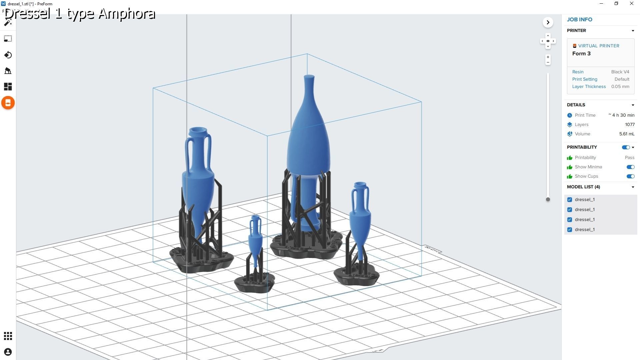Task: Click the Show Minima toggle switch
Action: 630,167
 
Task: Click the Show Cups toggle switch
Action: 630,176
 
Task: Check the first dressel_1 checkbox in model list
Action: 570,200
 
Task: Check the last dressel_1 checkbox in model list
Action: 570,230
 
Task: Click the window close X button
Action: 631,4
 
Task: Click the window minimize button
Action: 601,4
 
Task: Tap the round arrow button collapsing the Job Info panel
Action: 548,22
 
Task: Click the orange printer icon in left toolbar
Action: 8,103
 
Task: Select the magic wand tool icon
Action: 8,22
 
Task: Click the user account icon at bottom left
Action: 8,352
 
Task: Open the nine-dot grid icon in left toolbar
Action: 8,336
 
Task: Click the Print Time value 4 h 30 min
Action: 622,115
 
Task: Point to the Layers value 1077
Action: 630,125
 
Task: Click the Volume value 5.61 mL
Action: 627,134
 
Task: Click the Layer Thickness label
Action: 589,87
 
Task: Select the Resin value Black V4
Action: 620,72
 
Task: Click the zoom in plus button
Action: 548,57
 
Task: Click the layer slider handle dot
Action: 548,199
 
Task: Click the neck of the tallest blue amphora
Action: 309,87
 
